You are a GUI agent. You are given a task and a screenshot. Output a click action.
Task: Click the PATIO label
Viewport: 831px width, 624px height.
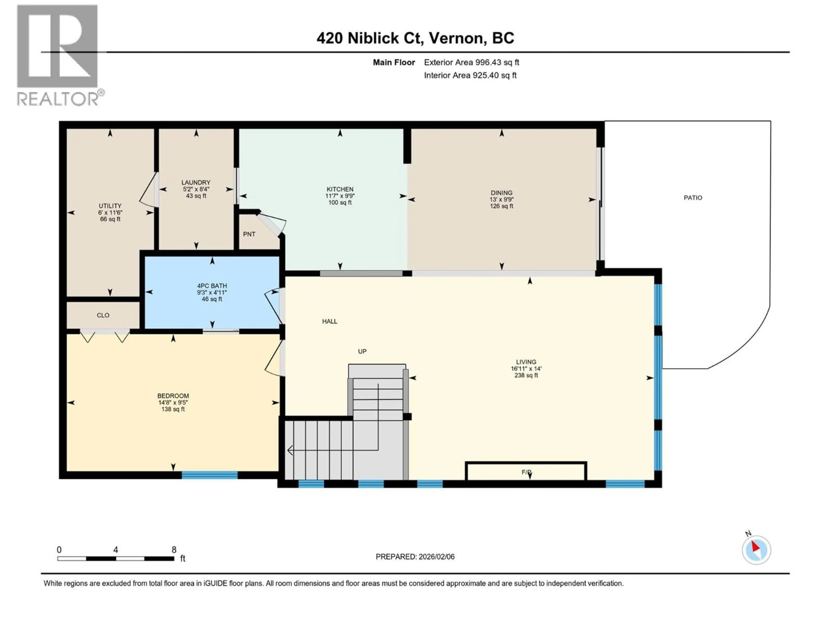(693, 197)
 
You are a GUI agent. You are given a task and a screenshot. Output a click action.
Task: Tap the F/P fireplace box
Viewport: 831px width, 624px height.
(526, 471)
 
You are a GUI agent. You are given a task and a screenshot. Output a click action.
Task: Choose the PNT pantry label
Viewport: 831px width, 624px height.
(249, 234)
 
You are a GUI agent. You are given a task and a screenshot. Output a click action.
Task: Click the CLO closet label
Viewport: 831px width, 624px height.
(103, 315)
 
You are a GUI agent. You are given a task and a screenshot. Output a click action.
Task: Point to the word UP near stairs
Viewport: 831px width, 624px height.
(362, 351)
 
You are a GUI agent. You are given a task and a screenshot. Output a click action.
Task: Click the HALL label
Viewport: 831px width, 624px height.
(329, 321)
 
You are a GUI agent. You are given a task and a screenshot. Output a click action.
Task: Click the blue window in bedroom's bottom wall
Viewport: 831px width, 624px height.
(210, 475)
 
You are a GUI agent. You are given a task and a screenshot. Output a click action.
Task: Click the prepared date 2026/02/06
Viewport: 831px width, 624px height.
(415, 557)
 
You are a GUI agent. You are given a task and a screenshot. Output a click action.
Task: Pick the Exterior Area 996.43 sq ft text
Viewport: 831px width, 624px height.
(472, 62)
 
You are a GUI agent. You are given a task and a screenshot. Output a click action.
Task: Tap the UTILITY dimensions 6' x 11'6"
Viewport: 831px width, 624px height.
(110, 213)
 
